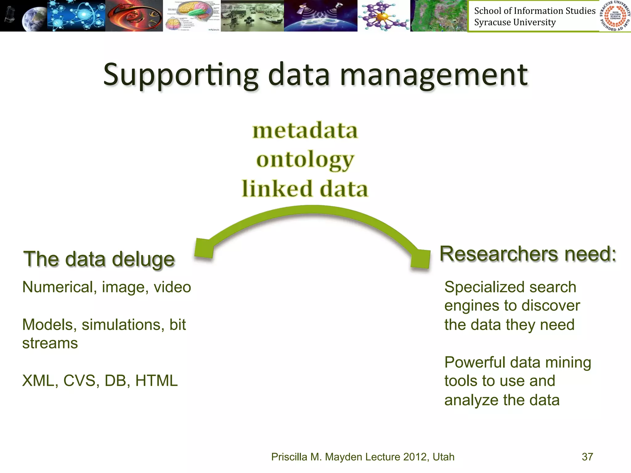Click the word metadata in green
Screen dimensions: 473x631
(305, 130)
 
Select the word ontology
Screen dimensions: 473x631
(305, 160)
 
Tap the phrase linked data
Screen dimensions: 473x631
(305, 188)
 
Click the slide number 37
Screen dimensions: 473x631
(587, 457)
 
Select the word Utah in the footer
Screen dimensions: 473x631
(443, 457)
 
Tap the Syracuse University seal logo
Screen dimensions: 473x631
(615, 16)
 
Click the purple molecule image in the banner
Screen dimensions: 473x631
(383, 16)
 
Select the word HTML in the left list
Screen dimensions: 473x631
(157, 381)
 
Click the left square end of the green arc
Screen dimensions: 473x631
(204, 248)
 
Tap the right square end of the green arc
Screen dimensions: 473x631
(420, 259)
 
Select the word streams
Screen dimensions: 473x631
(50, 343)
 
